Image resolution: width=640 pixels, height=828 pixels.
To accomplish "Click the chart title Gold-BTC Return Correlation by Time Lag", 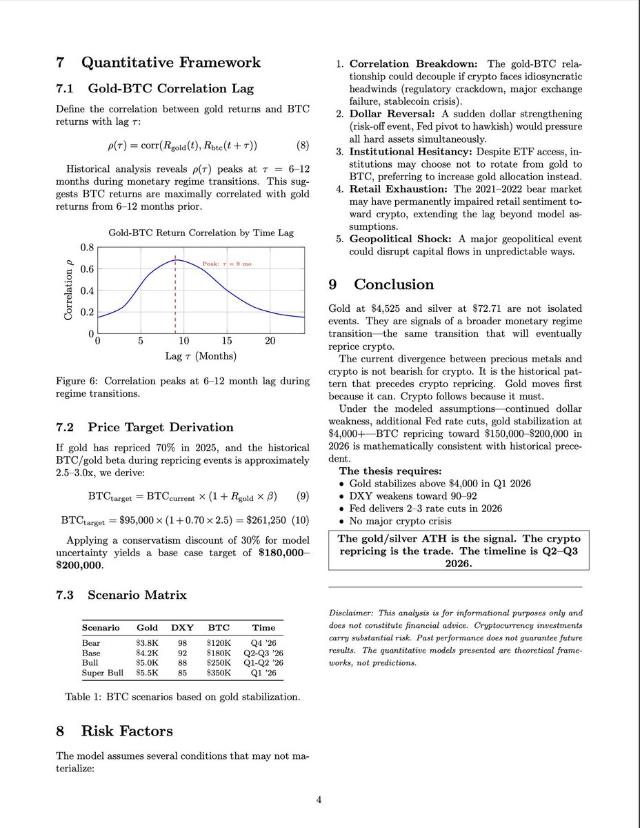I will tap(201, 233).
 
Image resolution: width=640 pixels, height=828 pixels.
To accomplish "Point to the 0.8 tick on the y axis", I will tap(87, 247).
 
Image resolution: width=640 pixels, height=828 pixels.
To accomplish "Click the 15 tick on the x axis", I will tap(227, 341).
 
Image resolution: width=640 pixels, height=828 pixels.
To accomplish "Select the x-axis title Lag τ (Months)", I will tap(200, 356).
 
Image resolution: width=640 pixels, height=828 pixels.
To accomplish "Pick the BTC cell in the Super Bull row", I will tap(219, 673).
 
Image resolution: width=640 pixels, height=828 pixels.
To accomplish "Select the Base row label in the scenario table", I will tap(91, 653).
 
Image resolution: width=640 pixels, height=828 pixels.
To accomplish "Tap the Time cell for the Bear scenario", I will tap(263, 643).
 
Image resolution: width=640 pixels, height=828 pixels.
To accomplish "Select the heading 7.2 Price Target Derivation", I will tap(145, 427).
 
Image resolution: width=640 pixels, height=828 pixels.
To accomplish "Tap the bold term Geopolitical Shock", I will tap(399, 238).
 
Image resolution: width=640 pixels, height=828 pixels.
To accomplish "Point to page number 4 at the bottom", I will tap(319, 800).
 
